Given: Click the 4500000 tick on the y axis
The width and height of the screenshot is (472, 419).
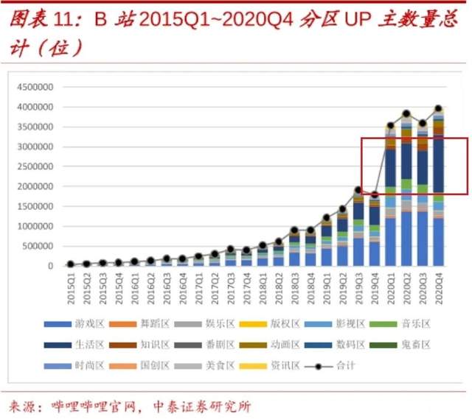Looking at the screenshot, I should point(35,86).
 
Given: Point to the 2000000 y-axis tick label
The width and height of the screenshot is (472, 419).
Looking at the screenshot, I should point(35,186).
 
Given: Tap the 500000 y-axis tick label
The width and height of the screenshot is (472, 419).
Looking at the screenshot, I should point(38,245).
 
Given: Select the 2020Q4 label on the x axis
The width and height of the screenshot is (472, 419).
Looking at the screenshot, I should point(439,283).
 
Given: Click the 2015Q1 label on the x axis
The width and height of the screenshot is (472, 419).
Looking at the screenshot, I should point(70,283).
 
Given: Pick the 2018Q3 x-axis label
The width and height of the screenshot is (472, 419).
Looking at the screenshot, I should point(295,283).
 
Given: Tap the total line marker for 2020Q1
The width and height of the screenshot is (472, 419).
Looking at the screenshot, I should point(390,126).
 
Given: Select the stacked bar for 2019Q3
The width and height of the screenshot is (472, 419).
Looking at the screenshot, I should point(358,228).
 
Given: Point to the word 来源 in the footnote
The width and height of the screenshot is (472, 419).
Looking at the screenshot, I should point(24,406).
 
